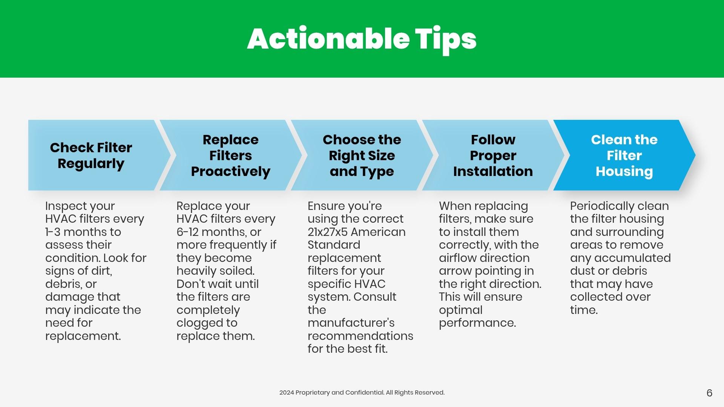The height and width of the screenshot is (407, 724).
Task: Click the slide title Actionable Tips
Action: point(362,39)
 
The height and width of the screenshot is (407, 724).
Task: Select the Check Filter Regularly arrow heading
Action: point(91,155)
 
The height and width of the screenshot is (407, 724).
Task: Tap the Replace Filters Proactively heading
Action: point(230,155)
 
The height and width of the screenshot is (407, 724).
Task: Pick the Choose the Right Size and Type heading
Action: point(362,155)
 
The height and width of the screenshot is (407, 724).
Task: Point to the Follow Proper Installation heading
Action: point(493,155)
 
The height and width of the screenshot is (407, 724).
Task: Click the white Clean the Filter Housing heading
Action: point(624,155)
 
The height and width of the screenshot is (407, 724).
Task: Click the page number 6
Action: point(709,393)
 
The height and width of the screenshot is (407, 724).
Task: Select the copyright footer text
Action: point(362,393)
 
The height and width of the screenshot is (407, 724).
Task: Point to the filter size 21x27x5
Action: point(327,232)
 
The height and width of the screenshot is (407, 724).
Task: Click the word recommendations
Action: point(360,336)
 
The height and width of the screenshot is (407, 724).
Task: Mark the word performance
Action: point(477,323)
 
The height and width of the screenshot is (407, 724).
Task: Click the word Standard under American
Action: point(334,245)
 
